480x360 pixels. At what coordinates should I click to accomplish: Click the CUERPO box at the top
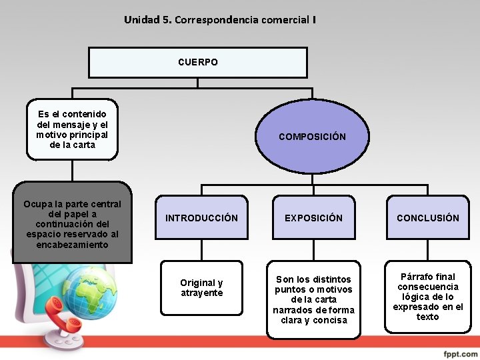198,62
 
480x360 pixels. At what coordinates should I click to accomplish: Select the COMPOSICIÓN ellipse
312,137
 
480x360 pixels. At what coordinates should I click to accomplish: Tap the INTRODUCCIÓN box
201,218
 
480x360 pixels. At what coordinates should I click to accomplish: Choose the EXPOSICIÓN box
313,218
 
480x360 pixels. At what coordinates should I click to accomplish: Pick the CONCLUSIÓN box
427,218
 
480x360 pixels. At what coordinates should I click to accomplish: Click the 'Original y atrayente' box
201,288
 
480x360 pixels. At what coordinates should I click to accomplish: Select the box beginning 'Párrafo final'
427,297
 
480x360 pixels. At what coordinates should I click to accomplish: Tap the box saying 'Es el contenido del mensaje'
72,129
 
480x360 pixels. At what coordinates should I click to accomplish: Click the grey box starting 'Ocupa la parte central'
72,224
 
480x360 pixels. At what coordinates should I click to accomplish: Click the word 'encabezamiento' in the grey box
72,245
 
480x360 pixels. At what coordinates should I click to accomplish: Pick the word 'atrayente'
201,293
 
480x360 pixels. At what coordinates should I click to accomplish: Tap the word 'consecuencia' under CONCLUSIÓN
427,287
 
